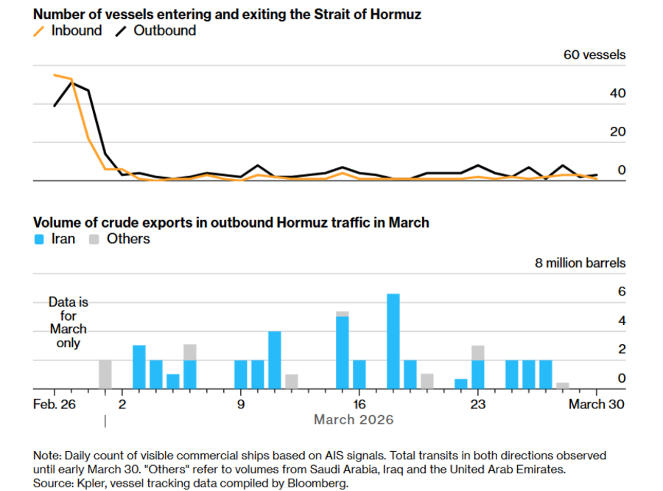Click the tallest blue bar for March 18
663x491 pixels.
click(393, 341)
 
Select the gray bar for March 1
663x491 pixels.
click(105, 374)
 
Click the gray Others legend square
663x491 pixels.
click(94, 239)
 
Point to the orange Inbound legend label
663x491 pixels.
click(76, 31)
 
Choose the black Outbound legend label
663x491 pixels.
click(164, 31)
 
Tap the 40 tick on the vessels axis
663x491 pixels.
click(617, 94)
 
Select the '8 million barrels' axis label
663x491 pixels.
click(580, 262)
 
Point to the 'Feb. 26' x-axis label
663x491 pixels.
click(54, 404)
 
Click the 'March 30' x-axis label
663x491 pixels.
click(597, 404)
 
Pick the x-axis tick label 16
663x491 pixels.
click(359, 404)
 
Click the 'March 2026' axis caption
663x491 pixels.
click(354, 419)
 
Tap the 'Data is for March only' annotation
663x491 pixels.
click(68, 322)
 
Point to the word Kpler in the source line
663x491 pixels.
click(95, 483)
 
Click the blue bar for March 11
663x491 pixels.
click(275, 360)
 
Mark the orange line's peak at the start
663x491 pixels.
click(55, 74)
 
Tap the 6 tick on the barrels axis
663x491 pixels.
click(621, 292)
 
